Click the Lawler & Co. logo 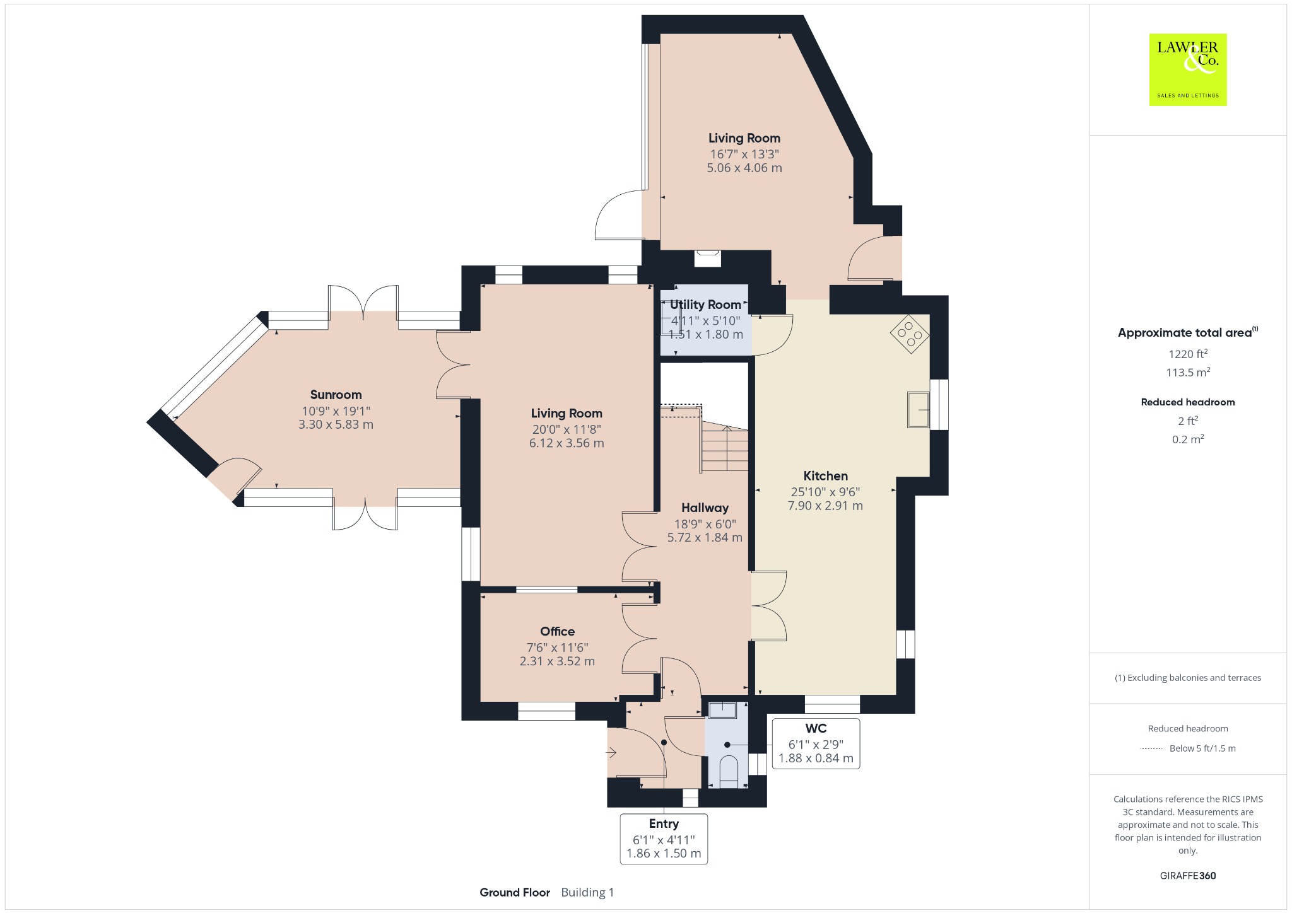1187,69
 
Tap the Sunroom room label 336,395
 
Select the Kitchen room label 825,476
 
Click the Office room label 557,631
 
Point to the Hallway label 705,508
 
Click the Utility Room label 705,305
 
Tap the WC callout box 816,743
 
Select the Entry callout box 664,839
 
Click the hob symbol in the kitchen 909,334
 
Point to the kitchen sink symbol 919,409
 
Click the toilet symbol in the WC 729,771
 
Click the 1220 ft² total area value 1188,354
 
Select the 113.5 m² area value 1188,372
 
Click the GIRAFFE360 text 1188,875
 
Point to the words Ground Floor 515,892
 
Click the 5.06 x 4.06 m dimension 744,168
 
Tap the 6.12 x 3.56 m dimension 567,443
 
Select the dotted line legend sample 1151,748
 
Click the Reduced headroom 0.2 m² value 1188,439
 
